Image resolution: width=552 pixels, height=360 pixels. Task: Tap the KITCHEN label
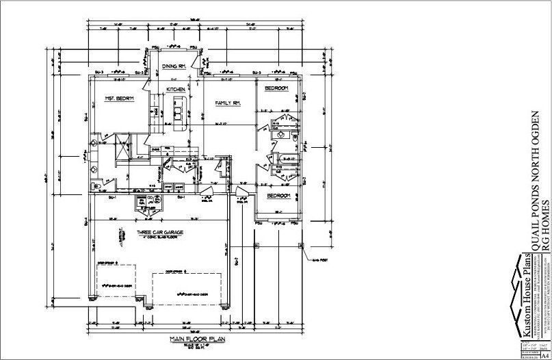[176, 89]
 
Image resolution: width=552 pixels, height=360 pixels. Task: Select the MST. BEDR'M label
[119, 99]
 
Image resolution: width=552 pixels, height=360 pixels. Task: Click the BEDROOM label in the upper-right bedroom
[277, 89]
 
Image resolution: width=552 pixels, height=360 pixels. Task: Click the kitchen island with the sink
[180, 114]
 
